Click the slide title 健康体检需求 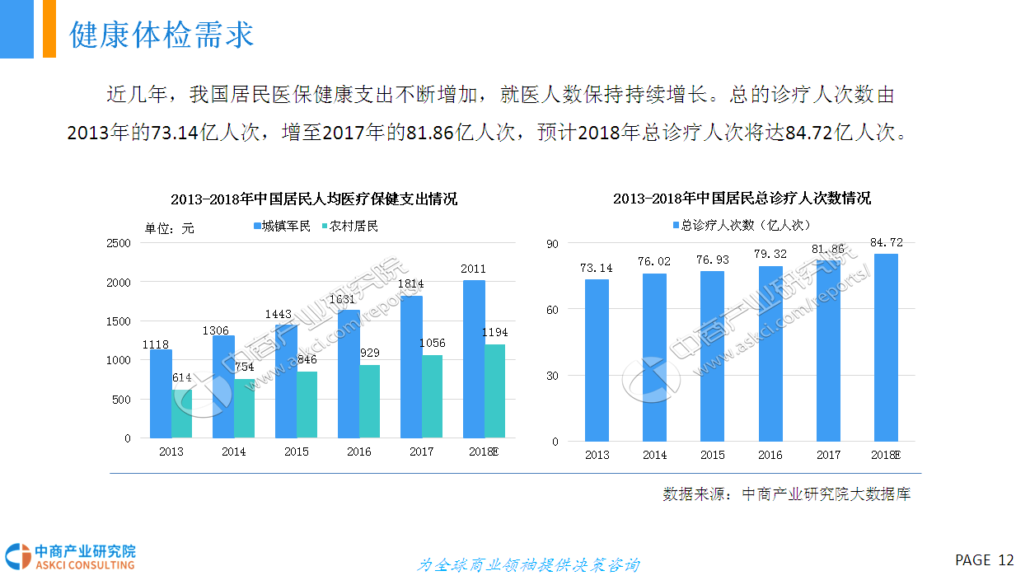coord(162,35)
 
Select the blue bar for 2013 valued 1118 coord(161,394)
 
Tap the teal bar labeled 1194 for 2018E coord(494,391)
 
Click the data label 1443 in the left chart coord(279,315)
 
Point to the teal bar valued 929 coord(369,401)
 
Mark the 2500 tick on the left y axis coord(119,243)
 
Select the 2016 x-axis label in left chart coord(358,452)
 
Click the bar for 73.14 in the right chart coord(597,360)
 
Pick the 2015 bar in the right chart coord(713,356)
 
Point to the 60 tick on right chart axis coord(551,310)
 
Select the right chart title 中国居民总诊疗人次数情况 coord(742,199)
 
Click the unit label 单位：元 coord(170,228)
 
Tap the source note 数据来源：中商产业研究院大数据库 coord(786,494)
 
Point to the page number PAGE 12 coord(984,560)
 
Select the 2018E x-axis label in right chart coord(886,455)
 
